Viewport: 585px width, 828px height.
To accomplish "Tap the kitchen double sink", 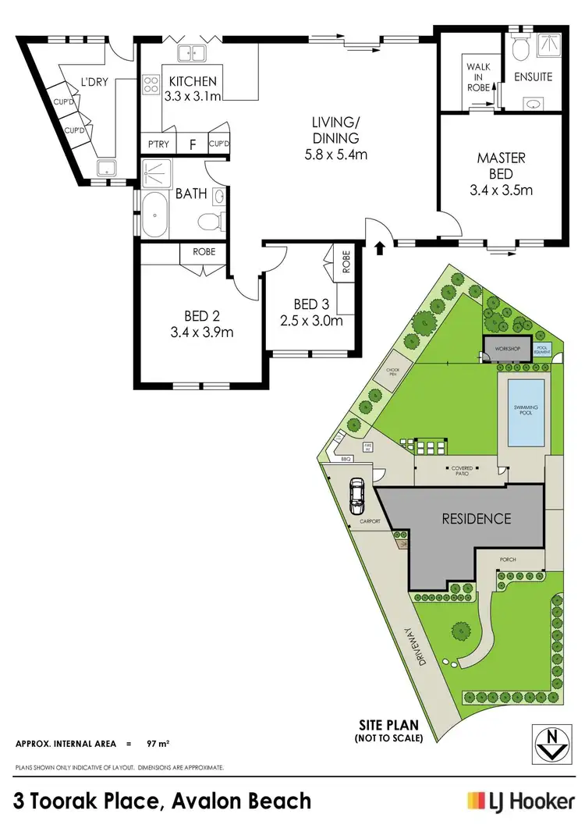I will click(191, 54).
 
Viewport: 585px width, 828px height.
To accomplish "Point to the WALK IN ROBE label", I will click(478, 78).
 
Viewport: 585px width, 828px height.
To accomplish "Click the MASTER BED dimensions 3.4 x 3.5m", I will click(501, 189).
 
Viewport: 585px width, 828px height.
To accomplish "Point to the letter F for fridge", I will click(192, 144).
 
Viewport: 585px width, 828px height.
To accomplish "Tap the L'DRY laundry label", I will click(97, 79).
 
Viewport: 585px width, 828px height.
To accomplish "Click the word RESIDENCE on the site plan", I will click(477, 518).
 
